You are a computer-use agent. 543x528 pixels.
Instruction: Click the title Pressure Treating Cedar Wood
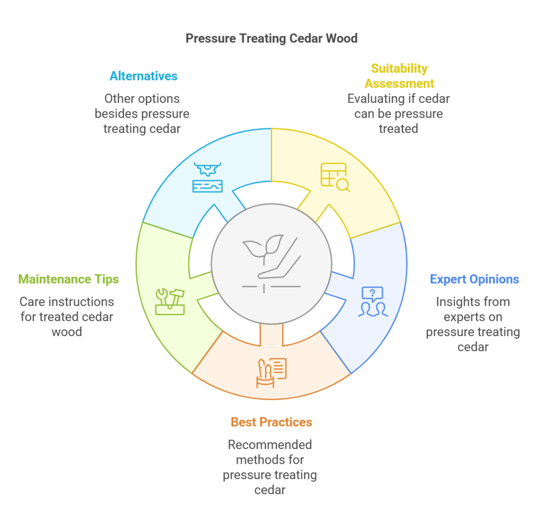(x=271, y=38)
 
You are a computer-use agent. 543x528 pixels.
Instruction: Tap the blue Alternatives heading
(x=143, y=76)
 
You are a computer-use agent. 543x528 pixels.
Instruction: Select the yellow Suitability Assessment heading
(x=399, y=76)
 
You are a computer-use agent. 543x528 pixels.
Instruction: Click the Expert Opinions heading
(x=474, y=279)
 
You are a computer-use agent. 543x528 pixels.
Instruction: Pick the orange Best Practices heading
(x=271, y=422)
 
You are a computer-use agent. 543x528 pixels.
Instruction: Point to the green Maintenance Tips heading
(x=68, y=279)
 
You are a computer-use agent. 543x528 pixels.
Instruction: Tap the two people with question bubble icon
(x=373, y=302)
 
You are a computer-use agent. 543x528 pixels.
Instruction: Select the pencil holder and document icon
(x=271, y=373)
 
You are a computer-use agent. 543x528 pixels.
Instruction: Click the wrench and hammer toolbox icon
(x=170, y=302)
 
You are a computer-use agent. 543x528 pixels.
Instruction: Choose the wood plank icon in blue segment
(x=207, y=178)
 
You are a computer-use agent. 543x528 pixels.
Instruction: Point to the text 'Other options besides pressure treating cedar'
(x=142, y=113)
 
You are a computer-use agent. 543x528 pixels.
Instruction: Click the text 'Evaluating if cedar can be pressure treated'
(x=398, y=113)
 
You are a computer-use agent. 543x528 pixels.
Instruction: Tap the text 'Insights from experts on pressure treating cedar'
(x=473, y=324)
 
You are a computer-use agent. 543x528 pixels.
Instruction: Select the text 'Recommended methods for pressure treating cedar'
(x=270, y=467)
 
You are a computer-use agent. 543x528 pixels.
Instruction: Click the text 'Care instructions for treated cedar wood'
(x=67, y=316)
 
